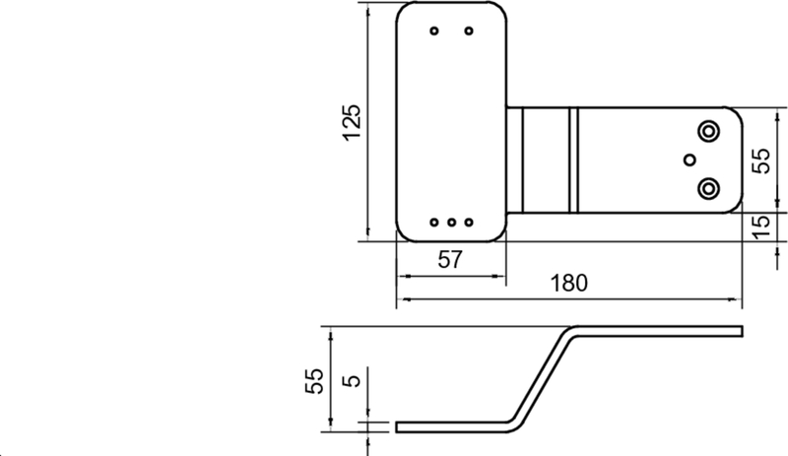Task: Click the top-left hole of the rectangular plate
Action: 434,31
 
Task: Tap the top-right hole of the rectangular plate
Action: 469,31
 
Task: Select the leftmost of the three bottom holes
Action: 434,222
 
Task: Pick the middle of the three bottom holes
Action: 451,222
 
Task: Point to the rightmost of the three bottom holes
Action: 469,222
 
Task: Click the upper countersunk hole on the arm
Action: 708,131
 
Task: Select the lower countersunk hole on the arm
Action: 708,187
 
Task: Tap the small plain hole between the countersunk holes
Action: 689,160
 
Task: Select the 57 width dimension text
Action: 450,260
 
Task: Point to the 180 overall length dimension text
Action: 568,284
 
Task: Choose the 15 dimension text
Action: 761,226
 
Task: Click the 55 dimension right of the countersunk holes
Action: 761,160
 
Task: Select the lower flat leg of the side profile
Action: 453,425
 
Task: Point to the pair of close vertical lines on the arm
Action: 572,160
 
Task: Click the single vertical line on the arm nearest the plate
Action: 522,160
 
